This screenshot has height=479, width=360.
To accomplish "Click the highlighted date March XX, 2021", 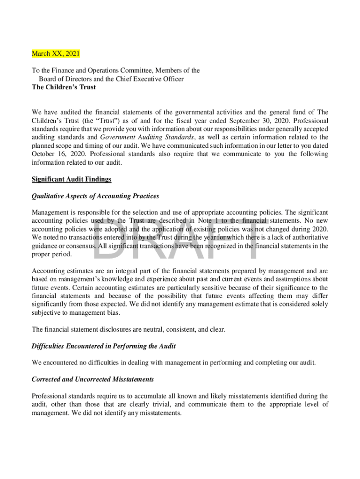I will pyautogui.click(x=56, y=54).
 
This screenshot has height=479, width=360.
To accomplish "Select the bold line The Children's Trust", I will pyautogui.click(x=64, y=87).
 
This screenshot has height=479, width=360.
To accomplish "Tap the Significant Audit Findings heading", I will pyautogui.click(x=72, y=179).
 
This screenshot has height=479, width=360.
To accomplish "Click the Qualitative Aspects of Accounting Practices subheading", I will pyautogui.click(x=95, y=196).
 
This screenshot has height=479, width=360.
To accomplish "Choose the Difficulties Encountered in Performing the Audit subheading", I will pyautogui.click(x=103, y=346).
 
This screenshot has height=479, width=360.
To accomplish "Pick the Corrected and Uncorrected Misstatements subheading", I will pyautogui.click(x=93, y=379).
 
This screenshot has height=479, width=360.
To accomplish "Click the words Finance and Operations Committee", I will pyautogui.click(x=99, y=70).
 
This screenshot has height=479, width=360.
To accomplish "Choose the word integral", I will pyautogui.click(x=126, y=271).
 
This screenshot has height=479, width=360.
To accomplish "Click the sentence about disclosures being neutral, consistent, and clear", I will pyautogui.click(x=128, y=330).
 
